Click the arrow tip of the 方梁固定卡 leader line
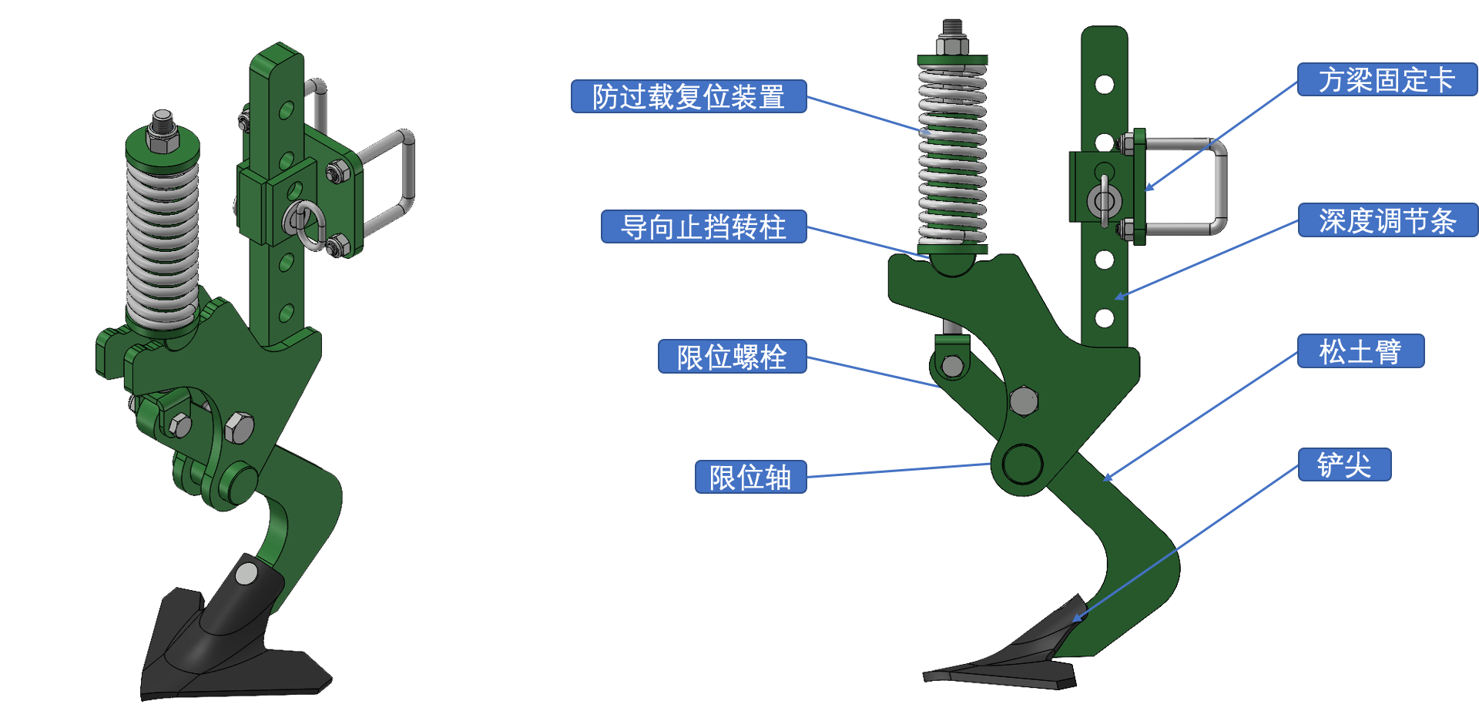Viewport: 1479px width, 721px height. click(x=1145, y=189)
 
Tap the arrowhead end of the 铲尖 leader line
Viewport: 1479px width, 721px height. click(x=1073, y=622)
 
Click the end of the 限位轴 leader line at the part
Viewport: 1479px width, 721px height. click(x=991, y=464)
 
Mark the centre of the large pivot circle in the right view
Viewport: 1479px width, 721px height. click(x=1022, y=464)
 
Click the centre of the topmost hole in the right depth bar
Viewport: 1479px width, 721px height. click(x=1104, y=84)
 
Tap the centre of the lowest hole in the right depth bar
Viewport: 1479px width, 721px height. click(x=1104, y=317)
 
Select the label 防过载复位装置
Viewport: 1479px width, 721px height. click(x=689, y=96)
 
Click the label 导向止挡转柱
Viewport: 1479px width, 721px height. click(x=703, y=226)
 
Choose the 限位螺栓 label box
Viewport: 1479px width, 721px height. click(x=732, y=357)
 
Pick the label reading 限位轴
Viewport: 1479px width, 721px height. click(x=750, y=477)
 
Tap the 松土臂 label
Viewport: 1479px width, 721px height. click(x=1360, y=351)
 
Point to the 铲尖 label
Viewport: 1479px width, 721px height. click(x=1344, y=464)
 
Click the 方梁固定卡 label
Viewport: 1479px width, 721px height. click(x=1387, y=79)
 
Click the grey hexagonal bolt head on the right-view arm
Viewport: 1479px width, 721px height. click(x=1023, y=401)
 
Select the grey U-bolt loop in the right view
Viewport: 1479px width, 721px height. click(x=1220, y=185)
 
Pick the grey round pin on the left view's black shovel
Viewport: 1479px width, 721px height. click(x=246, y=573)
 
